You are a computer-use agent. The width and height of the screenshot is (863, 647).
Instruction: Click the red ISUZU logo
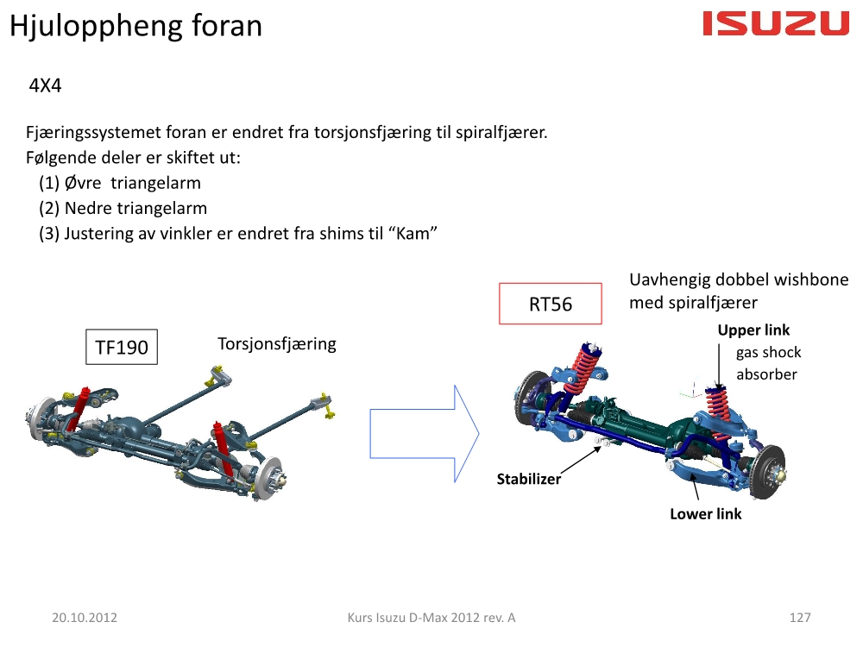(x=776, y=23)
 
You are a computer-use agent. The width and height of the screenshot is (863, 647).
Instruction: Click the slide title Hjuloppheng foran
(x=136, y=26)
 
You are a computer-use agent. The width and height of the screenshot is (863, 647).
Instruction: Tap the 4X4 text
(x=45, y=85)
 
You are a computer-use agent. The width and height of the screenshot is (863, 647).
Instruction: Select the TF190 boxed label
(x=122, y=347)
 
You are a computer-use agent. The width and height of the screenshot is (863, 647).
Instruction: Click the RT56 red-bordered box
(x=551, y=304)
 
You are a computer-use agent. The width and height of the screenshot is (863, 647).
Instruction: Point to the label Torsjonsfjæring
(x=277, y=344)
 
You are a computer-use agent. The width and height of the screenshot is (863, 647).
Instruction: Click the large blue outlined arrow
(x=425, y=434)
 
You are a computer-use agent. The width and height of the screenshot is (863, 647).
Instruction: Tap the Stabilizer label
(x=529, y=479)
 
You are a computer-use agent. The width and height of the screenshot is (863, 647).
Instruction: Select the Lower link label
(x=706, y=514)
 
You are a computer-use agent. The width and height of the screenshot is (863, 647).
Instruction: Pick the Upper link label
(x=753, y=330)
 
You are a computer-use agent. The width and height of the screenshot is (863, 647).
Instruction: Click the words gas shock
(x=768, y=353)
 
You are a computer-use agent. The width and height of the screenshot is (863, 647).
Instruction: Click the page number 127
(x=800, y=618)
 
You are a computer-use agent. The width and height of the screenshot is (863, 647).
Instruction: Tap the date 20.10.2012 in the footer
(x=85, y=618)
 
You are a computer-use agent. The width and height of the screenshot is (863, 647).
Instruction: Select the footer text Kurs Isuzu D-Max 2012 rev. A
(x=431, y=618)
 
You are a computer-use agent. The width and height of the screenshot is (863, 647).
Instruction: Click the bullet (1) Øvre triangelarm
(x=120, y=183)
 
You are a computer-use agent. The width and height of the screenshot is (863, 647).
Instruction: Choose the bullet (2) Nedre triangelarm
(x=123, y=208)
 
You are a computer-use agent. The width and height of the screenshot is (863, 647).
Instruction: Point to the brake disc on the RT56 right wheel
(x=768, y=472)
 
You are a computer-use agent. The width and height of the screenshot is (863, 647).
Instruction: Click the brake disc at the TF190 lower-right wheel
(x=269, y=479)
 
